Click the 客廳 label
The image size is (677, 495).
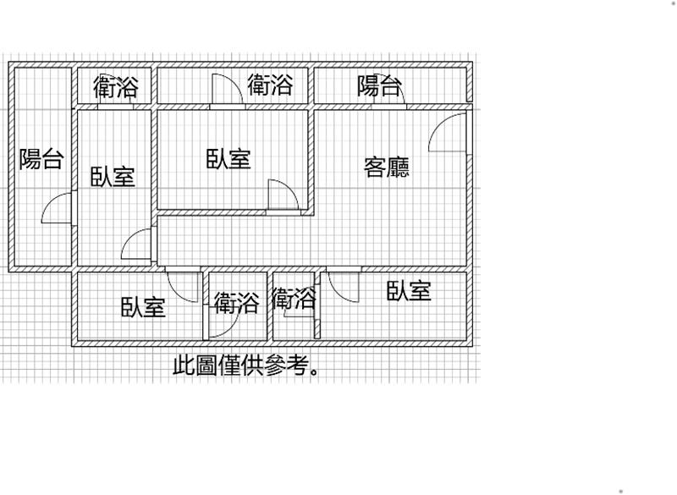click(387, 168)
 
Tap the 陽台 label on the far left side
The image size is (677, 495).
click(41, 158)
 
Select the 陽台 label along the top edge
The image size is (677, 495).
click(378, 85)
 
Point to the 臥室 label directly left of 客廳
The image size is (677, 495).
click(228, 159)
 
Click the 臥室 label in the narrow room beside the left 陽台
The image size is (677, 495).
click(113, 177)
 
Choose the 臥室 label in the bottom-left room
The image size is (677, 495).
click(142, 306)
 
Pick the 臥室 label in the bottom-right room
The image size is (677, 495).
click(410, 292)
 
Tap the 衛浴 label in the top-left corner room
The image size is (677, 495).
click(115, 87)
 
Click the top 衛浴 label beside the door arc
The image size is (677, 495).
click(270, 85)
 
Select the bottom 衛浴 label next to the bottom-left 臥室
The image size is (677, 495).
click(236, 303)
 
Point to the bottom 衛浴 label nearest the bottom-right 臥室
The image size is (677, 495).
click(294, 298)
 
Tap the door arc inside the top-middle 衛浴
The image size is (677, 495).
click(226, 90)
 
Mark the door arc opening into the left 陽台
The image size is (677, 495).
click(58, 208)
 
